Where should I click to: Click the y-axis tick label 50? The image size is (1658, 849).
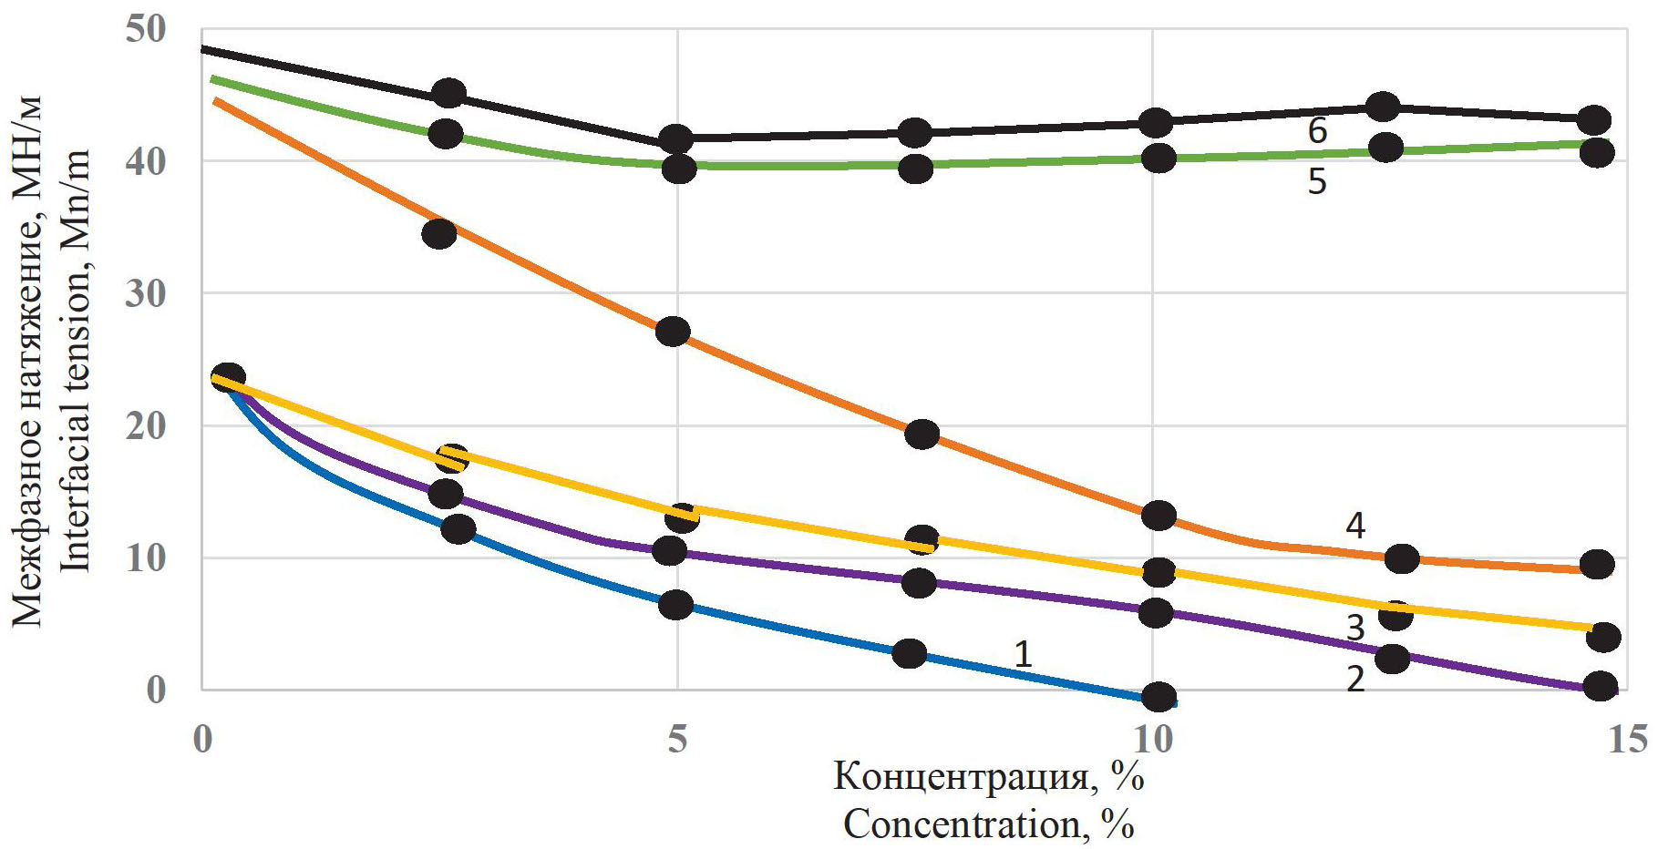pyautogui.click(x=146, y=29)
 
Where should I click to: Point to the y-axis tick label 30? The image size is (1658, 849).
pyautogui.click(x=146, y=293)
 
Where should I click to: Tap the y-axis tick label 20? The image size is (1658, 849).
pyautogui.click(x=146, y=425)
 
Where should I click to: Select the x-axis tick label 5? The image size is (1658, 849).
pyautogui.click(x=677, y=739)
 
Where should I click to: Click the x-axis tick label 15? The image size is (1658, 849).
pyautogui.click(x=1628, y=739)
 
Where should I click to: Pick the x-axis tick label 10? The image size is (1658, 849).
pyautogui.click(x=1153, y=739)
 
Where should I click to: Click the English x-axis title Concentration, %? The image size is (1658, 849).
pyautogui.click(x=989, y=824)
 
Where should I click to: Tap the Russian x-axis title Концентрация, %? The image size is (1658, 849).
pyautogui.click(x=989, y=777)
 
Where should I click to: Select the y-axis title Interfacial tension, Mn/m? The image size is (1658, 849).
pyautogui.click(x=77, y=361)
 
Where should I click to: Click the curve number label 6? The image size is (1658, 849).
pyautogui.click(x=1317, y=131)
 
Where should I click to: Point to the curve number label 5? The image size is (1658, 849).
pyautogui.click(x=1317, y=181)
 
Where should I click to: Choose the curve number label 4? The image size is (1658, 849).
pyautogui.click(x=1355, y=526)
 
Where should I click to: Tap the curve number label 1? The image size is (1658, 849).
pyautogui.click(x=1023, y=653)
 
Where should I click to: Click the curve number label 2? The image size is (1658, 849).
pyautogui.click(x=1355, y=679)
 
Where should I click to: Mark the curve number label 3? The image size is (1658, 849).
pyautogui.click(x=1355, y=628)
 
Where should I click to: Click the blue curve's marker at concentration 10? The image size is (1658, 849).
pyautogui.click(x=1159, y=698)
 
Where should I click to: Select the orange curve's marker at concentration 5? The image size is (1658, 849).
pyautogui.click(x=673, y=332)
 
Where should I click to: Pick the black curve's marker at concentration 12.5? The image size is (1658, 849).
pyautogui.click(x=1384, y=107)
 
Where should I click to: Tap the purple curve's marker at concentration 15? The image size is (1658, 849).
pyautogui.click(x=1601, y=686)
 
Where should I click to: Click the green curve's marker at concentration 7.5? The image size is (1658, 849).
pyautogui.click(x=916, y=169)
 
